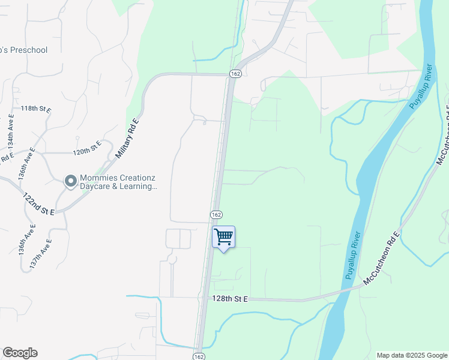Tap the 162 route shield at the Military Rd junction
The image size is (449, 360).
point(235,73)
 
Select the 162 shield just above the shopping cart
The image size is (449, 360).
point(217,215)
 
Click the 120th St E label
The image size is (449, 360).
point(87,147)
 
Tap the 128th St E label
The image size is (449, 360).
point(229,299)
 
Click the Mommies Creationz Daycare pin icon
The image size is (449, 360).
point(70,181)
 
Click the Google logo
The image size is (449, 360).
point(20,353)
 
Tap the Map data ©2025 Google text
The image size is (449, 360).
point(411,355)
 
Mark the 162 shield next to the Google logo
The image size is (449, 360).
point(199,356)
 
